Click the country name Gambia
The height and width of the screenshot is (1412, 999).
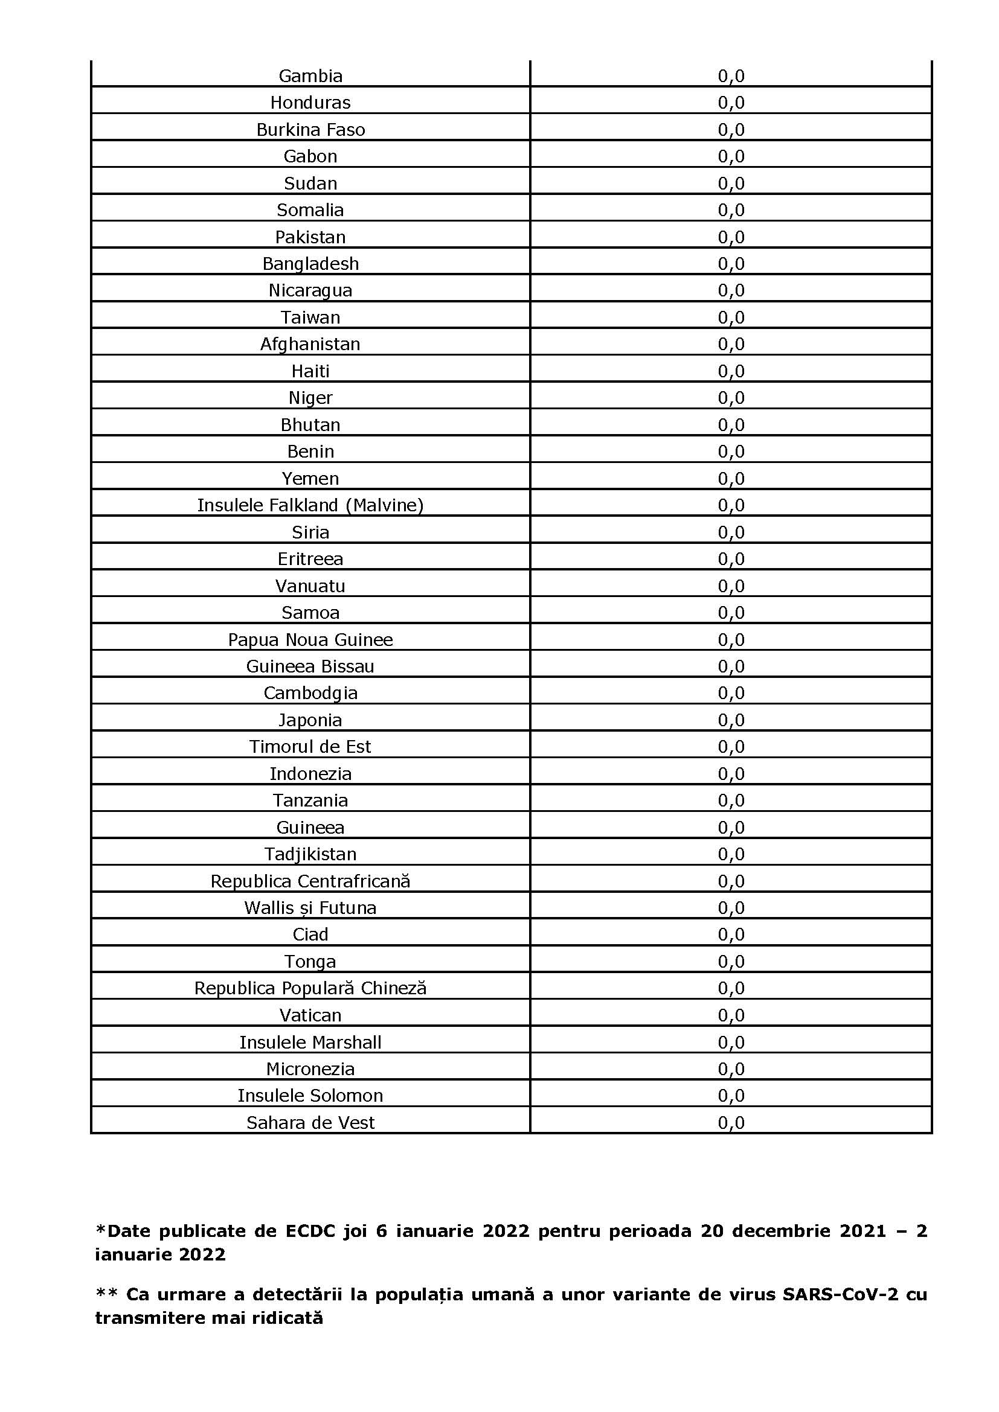310,75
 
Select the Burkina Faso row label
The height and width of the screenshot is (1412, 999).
310,130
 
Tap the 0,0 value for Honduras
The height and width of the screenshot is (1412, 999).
731,103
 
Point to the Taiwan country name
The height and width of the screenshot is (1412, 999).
310,318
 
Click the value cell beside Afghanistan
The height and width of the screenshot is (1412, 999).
731,344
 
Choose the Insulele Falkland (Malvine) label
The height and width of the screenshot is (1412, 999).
310,505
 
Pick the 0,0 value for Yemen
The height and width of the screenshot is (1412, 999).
731,479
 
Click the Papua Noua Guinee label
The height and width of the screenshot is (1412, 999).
310,639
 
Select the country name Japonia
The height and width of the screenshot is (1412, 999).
310,720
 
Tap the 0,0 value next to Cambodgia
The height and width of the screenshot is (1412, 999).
731,693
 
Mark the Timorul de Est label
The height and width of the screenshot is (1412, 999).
310,747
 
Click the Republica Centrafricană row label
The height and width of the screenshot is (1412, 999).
310,881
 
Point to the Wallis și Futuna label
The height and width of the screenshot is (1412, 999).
310,908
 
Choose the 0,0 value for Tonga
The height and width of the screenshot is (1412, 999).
731,961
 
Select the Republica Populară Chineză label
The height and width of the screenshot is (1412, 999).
310,988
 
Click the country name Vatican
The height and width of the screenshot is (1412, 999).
310,1015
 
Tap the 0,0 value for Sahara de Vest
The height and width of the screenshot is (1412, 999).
731,1123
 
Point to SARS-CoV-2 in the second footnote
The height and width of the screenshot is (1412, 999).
840,1294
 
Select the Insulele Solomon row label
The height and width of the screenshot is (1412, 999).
310,1096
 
